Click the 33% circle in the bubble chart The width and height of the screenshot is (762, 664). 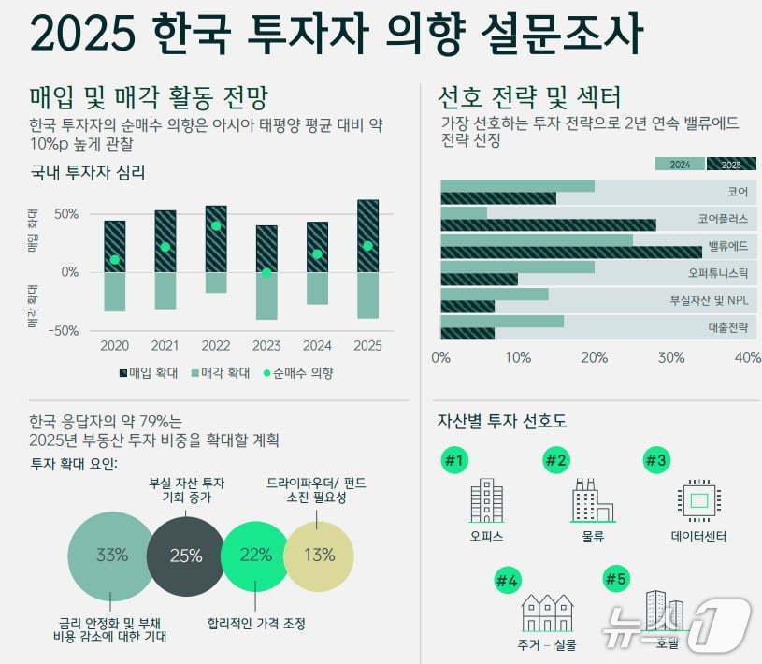point(111,555)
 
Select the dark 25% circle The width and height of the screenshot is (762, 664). point(185,556)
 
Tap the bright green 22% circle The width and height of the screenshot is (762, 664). point(256,556)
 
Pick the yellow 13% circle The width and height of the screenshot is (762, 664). point(319,555)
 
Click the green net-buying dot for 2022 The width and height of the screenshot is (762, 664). point(216,225)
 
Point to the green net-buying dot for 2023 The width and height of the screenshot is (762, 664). point(266,272)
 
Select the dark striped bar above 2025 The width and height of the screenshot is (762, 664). point(367,236)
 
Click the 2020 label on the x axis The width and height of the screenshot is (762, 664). point(114,346)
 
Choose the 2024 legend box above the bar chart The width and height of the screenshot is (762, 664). point(680,164)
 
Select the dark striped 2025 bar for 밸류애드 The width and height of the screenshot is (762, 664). point(570,252)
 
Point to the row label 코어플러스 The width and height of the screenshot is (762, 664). point(723,219)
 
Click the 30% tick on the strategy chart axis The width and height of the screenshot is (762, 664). point(671,357)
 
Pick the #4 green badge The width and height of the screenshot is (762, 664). point(508,581)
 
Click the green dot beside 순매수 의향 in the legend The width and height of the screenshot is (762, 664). point(265,372)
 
